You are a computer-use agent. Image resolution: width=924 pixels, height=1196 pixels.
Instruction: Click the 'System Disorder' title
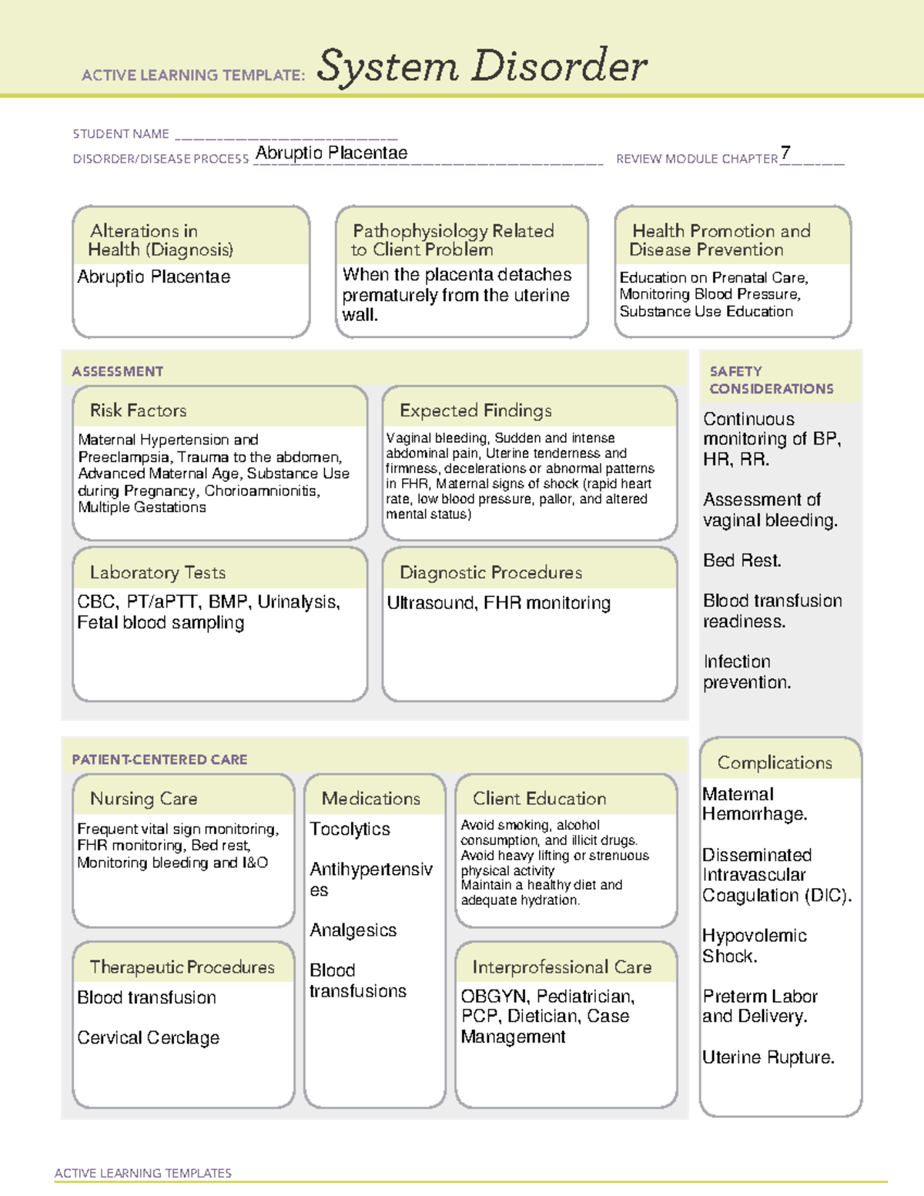tap(481, 66)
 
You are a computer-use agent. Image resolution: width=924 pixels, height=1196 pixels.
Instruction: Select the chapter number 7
tap(785, 152)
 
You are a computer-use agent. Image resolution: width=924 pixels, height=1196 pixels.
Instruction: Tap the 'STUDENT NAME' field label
tap(121, 134)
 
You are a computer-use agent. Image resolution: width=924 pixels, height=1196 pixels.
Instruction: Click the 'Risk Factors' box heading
tap(138, 410)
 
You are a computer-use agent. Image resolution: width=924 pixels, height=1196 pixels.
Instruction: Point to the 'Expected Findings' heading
tap(475, 410)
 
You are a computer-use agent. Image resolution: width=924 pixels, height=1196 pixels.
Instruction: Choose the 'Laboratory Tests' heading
tap(157, 572)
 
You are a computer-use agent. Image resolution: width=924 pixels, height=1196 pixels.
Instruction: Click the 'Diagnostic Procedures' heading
tap(490, 572)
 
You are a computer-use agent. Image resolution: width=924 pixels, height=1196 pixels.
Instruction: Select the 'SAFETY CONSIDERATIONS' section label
tap(771, 380)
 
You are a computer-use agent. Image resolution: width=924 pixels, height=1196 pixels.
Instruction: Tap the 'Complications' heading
tap(775, 762)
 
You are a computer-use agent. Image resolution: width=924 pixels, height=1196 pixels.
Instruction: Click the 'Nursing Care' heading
tap(143, 799)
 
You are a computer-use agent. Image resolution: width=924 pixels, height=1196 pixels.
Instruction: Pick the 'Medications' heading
tap(370, 799)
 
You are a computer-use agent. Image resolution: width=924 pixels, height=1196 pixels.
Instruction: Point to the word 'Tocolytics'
tap(350, 829)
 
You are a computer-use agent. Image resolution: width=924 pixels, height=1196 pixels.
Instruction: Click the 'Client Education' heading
tap(539, 799)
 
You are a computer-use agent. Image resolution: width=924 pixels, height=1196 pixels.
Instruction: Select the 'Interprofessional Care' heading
tap(561, 967)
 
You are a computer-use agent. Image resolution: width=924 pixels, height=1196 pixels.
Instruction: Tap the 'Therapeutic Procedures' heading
tap(182, 967)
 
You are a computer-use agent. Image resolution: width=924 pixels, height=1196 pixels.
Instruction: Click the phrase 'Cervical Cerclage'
tap(148, 1037)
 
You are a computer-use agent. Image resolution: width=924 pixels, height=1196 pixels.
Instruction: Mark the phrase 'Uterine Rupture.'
tap(768, 1057)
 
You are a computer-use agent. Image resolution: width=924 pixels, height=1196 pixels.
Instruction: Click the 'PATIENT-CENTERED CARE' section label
tap(159, 759)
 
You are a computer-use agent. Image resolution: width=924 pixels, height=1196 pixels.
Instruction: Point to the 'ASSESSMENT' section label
tap(117, 371)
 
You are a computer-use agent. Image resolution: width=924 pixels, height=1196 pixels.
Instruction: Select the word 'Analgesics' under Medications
tap(353, 930)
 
